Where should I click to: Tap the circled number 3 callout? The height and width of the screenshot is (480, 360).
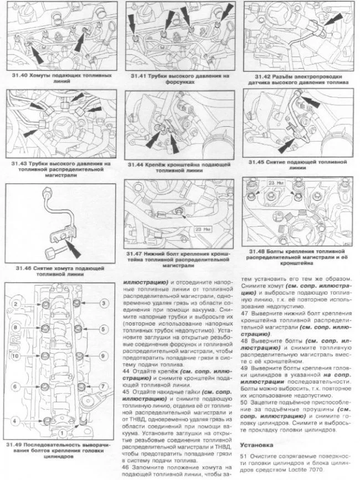click(x=104, y=303)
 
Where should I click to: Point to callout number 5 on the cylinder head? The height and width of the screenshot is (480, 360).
click(x=104, y=329)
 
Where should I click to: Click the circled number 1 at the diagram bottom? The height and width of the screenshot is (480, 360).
click(x=62, y=432)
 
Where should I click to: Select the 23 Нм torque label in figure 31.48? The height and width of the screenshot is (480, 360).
click(x=275, y=182)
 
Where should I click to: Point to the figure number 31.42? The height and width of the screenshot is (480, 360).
click(x=264, y=76)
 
